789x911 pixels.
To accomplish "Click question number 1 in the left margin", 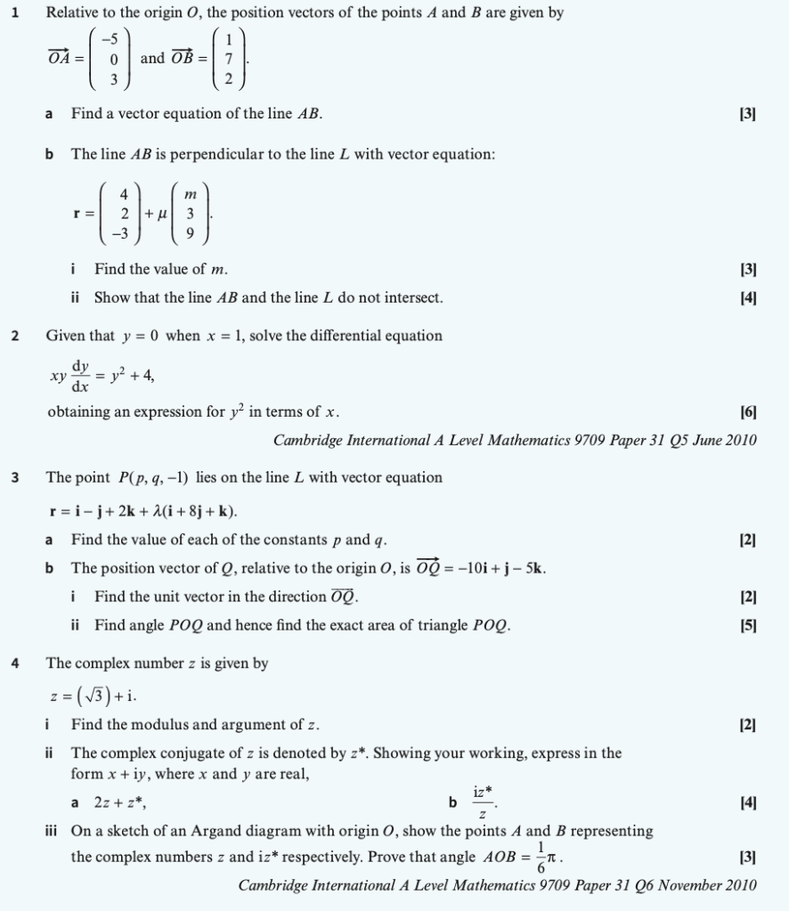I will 15,13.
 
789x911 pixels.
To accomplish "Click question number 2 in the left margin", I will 15,336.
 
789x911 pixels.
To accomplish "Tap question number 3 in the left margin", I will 15,477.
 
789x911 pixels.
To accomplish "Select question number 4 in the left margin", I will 15,663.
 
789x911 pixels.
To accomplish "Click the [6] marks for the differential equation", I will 748,411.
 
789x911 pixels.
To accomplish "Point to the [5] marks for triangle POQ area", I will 748,625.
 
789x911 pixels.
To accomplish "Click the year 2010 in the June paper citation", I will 738,440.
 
